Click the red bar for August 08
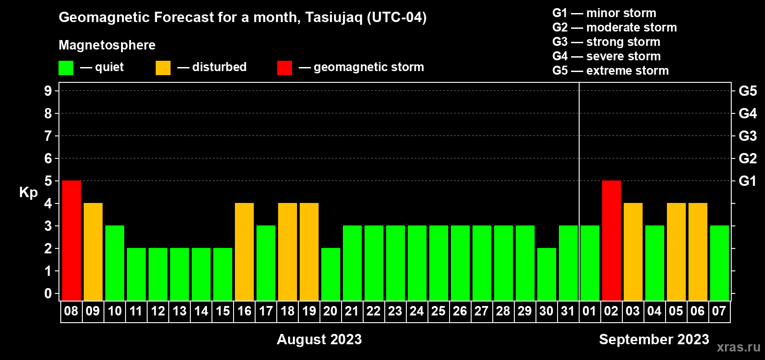tap(72, 240)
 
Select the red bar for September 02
tap(612, 240)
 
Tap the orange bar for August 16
tap(244, 252)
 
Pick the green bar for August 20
tap(331, 274)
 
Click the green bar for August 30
tap(547, 274)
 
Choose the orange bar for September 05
tap(676, 252)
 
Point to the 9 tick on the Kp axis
tap(48, 91)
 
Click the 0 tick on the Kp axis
tap(48, 293)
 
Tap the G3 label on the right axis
tap(748, 136)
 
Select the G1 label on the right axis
tap(748, 181)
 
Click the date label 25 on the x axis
tap(438, 311)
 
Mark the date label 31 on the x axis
tap(567, 311)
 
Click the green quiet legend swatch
tap(66, 67)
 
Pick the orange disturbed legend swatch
tap(163, 67)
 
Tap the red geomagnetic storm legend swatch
tap(285, 67)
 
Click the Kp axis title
tap(28, 193)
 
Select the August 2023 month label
tap(319, 339)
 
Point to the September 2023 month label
tap(654, 339)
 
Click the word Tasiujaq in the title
tap(333, 18)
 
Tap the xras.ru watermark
tap(738, 347)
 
